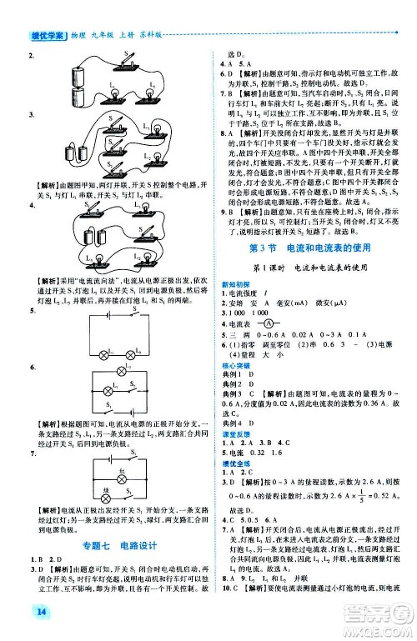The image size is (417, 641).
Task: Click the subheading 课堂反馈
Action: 234,457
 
